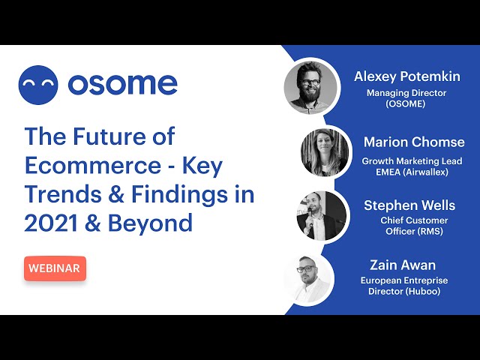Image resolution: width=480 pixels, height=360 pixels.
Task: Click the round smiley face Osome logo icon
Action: tap(38, 85)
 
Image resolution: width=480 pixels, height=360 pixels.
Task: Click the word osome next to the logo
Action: tap(123, 84)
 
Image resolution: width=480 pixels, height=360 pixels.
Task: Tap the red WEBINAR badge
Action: tap(55, 268)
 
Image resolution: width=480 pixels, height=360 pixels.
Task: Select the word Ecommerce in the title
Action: tap(93, 166)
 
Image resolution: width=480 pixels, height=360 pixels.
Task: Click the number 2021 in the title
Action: tap(51, 223)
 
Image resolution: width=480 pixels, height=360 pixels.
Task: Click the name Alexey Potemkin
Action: tap(407, 76)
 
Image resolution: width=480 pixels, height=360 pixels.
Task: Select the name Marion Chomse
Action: tap(414, 142)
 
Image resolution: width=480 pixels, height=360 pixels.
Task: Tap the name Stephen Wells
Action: tap(409, 205)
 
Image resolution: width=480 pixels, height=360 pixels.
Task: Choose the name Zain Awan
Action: tap(403, 265)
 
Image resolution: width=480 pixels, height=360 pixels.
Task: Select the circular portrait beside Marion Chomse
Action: tap(325, 153)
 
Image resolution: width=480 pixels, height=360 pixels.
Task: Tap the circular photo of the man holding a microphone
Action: tap(322, 216)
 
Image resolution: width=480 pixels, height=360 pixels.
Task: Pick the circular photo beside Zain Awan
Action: tap(308, 279)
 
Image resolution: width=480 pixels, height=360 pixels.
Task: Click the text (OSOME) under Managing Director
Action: tap(406, 104)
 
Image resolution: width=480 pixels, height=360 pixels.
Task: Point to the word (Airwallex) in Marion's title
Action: tap(425, 172)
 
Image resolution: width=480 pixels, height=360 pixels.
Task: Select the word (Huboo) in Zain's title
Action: tap(423, 291)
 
